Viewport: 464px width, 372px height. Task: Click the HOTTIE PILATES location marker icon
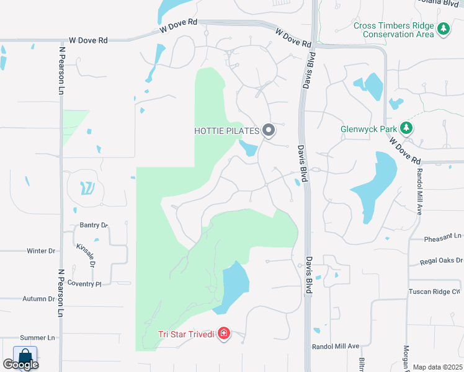(269, 130)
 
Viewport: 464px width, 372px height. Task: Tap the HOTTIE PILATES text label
(226, 131)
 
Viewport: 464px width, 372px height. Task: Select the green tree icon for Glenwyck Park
(406, 128)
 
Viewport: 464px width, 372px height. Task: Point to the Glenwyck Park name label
(369, 130)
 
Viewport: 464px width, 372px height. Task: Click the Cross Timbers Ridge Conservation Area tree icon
(444, 29)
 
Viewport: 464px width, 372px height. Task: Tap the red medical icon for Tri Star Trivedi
(223, 335)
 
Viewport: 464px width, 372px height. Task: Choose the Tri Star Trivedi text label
(186, 335)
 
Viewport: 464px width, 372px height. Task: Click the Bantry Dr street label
(94, 225)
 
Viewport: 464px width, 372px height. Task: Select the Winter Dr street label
(41, 251)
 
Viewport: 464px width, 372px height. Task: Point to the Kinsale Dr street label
(86, 254)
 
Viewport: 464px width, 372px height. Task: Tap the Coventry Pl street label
(86, 283)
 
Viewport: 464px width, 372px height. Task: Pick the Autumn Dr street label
(39, 298)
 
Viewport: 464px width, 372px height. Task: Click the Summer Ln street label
(37, 338)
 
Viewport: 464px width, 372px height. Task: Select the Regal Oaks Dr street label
(441, 263)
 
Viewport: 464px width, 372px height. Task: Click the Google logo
(20, 365)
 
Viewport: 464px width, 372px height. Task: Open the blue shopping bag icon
(25, 356)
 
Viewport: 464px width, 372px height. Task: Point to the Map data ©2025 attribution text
(437, 367)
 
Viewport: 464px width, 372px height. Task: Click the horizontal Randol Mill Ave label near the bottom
(336, 346)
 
